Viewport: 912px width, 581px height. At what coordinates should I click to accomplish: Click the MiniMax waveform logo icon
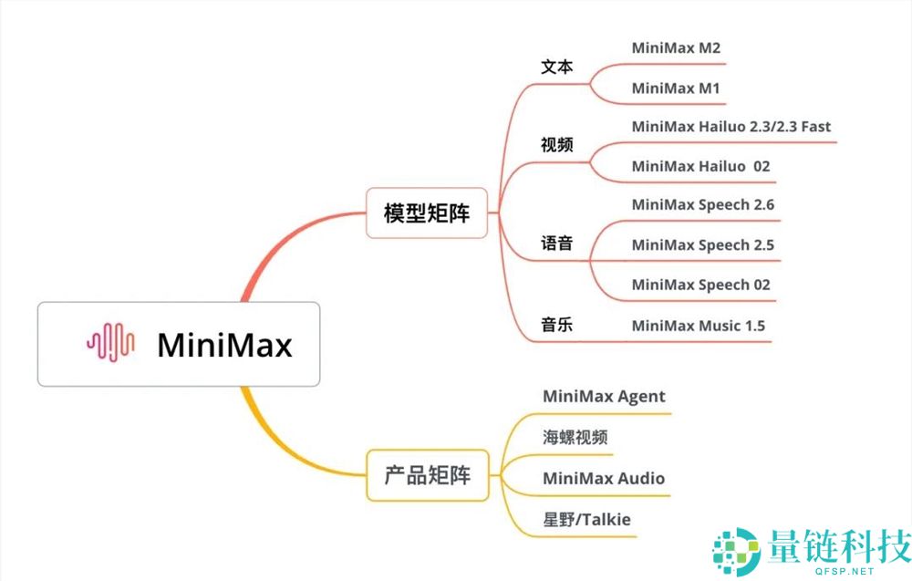click(x=110, y=344)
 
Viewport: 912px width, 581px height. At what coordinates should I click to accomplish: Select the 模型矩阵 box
click(x=427, y=214)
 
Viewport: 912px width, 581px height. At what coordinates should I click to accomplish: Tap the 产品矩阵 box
click(x=427, y=474)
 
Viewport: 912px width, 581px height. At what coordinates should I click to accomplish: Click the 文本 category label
click(x=556, y=67)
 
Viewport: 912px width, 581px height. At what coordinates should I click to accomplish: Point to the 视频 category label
click(x=556, y=145)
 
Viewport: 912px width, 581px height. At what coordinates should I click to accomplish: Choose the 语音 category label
click(x=556, y=244)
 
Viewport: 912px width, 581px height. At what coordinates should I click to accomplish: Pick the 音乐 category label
click(x=556, y=324)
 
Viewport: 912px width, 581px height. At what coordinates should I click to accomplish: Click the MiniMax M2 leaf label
click(x=676, y=48)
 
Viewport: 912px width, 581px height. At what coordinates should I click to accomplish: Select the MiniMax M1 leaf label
click(x=676, y=88)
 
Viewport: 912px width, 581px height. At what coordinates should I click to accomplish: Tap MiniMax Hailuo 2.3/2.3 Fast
click(x=731, y=127)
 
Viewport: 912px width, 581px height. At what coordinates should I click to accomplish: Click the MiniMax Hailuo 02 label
click(x=700, y=167)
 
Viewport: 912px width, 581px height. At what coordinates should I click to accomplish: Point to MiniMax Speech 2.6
click(x=702, y=205)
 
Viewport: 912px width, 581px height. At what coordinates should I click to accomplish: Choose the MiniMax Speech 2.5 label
click(x=702, y=244)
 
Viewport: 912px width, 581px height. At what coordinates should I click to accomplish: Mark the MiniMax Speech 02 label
click(x=700, y=285)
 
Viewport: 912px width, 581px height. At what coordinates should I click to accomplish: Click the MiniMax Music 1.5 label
click(x=698, y=325)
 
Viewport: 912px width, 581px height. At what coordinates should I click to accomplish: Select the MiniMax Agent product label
click(x=604, y=397)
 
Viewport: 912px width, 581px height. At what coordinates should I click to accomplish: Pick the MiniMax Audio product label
click(x=603, y=479)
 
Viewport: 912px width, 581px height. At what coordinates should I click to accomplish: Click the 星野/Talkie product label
click(x=586, y=520)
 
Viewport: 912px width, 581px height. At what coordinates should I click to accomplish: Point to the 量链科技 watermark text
click(x=839, y=547)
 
